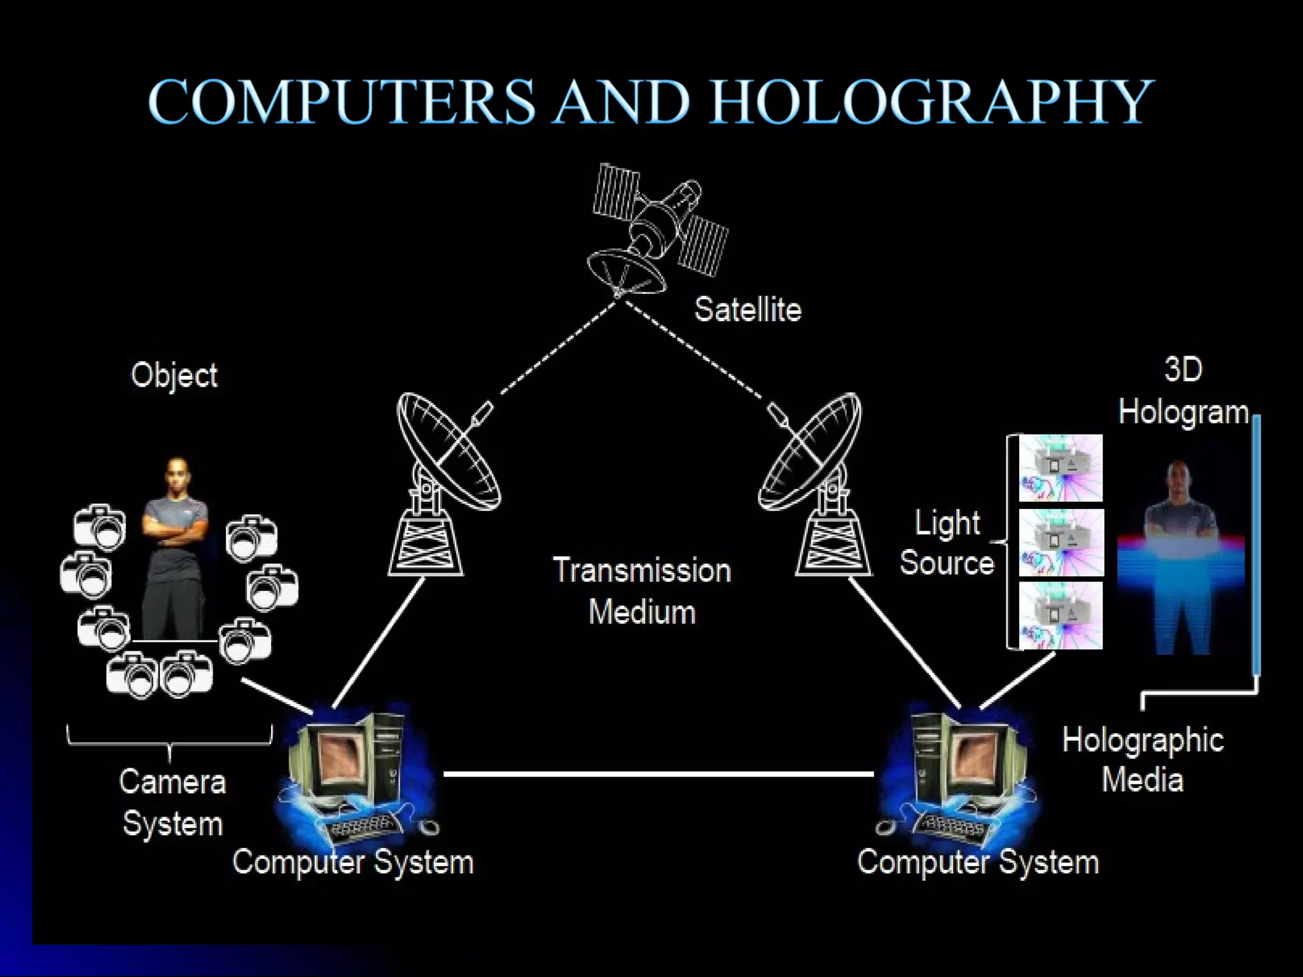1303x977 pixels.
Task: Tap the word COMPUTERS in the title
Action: pos(342,102)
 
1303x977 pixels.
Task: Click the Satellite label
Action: pos(748,310)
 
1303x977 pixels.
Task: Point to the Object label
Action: pos(174,375)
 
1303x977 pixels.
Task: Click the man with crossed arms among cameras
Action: pos(175,547)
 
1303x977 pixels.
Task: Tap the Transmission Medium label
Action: pos(642,591)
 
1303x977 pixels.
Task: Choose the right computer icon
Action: pos(961,773)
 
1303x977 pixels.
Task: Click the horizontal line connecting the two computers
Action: pos(658,774)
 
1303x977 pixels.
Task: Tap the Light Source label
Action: pos(947,543)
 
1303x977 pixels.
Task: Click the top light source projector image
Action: pos(1061,468)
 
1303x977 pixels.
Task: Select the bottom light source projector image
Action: pos(1061,616)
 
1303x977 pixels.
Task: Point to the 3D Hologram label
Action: pos(1183,391)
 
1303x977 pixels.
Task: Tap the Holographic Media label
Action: pos(1143,760)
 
